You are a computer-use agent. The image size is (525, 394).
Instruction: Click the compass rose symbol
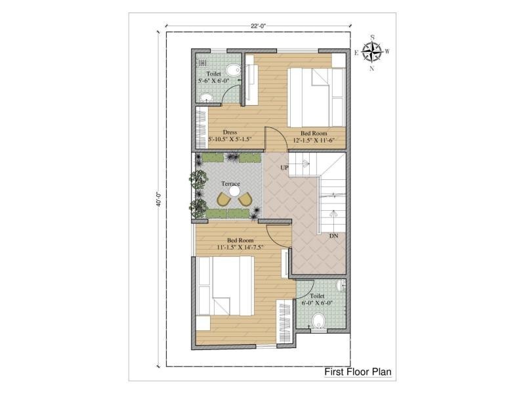(x=372, y=53)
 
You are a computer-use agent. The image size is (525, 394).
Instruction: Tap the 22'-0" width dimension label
(x=258, y=26)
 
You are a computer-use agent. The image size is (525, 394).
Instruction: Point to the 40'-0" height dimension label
(x=159, y=199)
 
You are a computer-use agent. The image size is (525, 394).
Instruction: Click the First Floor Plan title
(x=358, y=372)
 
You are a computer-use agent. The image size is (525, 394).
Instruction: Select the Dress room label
(x=230, y=133)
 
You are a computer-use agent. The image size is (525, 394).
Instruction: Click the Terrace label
(x=231, y=184)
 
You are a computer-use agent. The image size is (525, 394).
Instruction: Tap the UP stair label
(x=284, y=167)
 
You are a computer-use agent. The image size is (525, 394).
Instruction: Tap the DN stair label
(x=333, y=236)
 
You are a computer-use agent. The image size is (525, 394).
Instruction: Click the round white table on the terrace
(x=234, y=192)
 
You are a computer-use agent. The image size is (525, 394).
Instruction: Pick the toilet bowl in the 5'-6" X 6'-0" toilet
(x=233, y=70)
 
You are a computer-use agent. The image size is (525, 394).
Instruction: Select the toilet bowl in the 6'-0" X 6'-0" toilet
(x=318, y=320)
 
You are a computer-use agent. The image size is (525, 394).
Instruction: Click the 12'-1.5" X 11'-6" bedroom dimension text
(x=314, y=141)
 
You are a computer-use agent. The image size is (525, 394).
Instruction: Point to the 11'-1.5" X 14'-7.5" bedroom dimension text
(x=240, y=248)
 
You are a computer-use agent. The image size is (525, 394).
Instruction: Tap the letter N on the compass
(x=371, y=69)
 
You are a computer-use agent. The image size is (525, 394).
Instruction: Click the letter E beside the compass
(x=356, y=53)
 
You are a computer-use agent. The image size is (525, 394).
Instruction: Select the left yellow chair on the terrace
(x=224, y=199)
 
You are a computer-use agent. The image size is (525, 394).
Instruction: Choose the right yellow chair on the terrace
(x=245, y=200)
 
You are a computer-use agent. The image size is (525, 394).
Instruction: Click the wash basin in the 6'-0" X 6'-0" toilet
(x=341, y=286)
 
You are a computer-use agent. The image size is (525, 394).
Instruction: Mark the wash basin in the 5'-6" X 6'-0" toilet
(x=206, y=98)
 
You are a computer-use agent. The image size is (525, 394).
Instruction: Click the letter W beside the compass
(x=387, y=51)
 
